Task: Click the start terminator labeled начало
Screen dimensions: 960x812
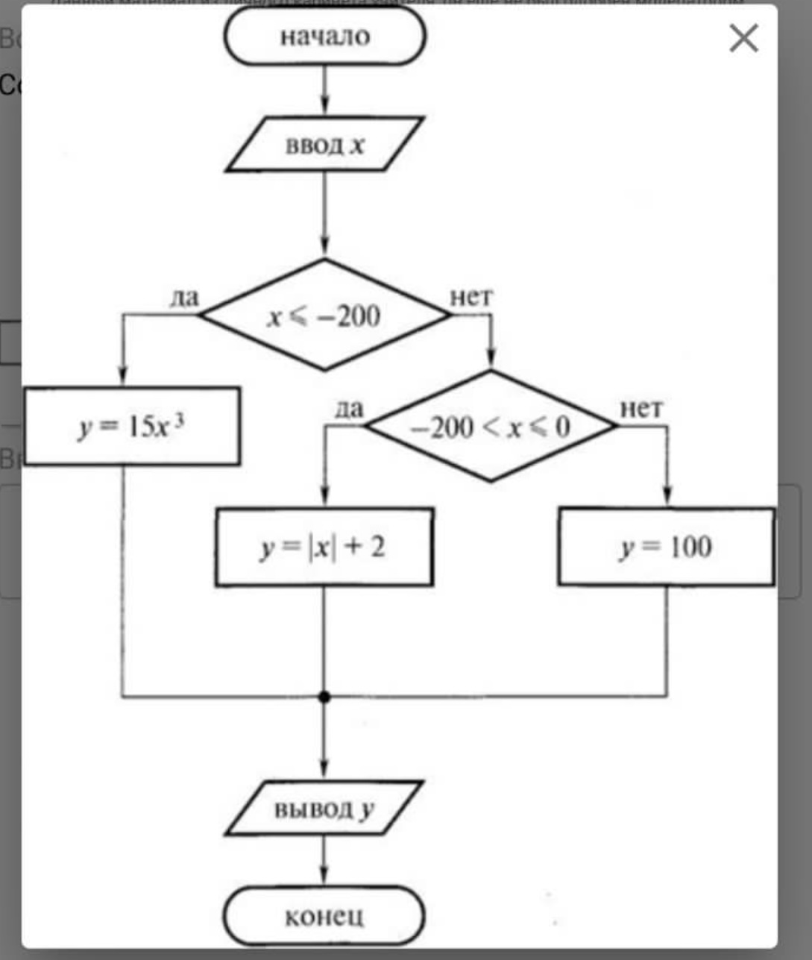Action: (x=325, y=37)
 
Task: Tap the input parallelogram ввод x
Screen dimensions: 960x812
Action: (x=325, y=144)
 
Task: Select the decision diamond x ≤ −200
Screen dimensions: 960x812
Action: (x=324, y=316)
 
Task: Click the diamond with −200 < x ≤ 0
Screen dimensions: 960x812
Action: (x=491, y=427)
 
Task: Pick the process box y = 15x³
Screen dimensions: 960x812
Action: (x=133, y=427)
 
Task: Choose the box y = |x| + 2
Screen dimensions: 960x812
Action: (x=324, y=548)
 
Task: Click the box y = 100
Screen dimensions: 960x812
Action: (x=666, y=548)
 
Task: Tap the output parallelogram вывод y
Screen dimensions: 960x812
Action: (x=324, y=809)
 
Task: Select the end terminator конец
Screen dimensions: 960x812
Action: (x=324, y=915)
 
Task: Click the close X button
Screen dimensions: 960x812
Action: (x=743, y=38)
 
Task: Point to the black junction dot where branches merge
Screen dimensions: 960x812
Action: (x=324, y=697)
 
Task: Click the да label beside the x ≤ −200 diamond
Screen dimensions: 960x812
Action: (x=184, y=298)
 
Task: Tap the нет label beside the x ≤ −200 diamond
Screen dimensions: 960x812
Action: (x=471, y=297)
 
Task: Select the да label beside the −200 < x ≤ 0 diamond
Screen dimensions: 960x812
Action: (x=350, y=408)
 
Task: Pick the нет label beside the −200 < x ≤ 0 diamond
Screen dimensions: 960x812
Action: (x=641, y=408)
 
